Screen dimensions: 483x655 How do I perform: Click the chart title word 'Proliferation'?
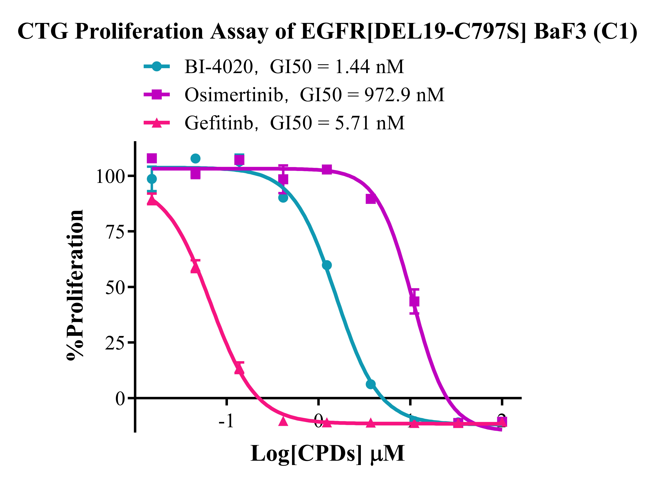[x=139, y=32]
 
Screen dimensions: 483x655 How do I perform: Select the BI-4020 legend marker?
[x=157, y=66]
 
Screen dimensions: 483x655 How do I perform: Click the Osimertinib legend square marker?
[x=157, y=94]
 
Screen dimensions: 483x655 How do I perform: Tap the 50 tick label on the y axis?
[x=115, y=287]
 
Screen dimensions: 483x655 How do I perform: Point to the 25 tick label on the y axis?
[x=115, y=343]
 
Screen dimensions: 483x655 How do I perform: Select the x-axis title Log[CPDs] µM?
[x=327, y=453]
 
